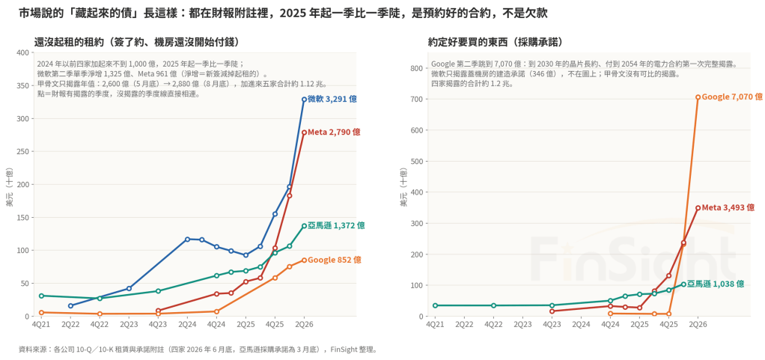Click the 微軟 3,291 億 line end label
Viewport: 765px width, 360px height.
pyautogui.click(x=332, y=99)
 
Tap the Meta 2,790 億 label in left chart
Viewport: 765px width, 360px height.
pyautogui.click(x=334, y=132)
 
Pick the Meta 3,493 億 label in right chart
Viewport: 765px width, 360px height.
pyautogui.click(x=728, y=208)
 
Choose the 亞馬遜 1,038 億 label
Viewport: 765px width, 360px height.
pyautogui.click(x=716, y=284)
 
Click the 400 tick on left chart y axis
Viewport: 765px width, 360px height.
pyautogui.click(x=22, y=52)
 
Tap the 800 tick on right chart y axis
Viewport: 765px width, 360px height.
pyautogui.click(x=416, y=68)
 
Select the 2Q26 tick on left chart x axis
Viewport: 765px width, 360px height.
pyautogui.click(x=304, y=324)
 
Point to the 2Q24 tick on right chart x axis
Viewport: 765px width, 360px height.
pyautogui.click(x=581, y=324)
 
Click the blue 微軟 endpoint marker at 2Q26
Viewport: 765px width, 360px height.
pyautogui.click(x=304, y=100)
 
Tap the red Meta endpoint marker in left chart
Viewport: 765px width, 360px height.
pyautogui.click(x=304, y=132)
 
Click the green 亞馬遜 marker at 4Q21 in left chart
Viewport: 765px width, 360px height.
pyautogui.click(x=41, y=296)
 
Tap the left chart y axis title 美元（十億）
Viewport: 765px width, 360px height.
pyautogui.click(x=9, y=187)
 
